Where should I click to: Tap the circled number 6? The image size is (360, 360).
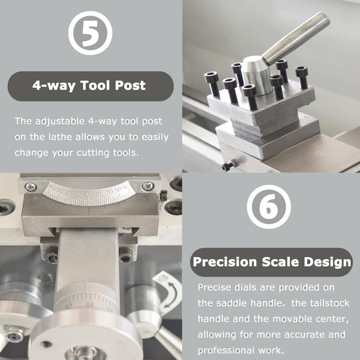pos(269,207)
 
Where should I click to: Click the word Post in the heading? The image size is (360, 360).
pos(130,86)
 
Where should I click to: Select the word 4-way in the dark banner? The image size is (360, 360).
pos(53,86)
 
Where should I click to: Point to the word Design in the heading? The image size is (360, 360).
pos(327,262)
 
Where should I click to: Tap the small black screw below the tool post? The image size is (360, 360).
pos(227,166)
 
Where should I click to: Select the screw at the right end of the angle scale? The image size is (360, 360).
pos(147,186)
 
